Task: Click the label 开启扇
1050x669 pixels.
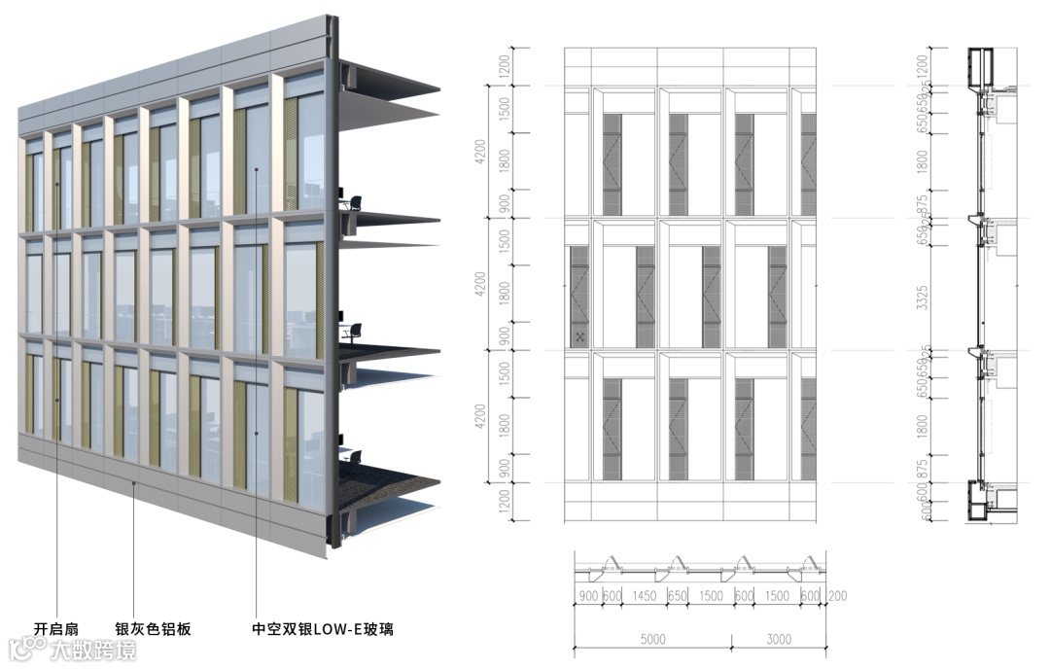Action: click(55, 629)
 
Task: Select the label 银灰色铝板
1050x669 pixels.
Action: click(154, 629)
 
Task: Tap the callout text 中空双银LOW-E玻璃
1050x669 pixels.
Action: click(322, 629)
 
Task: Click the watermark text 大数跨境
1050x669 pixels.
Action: click(93, 649)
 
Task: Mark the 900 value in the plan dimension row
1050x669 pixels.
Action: click(588, 595)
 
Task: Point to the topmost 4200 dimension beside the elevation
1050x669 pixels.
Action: click(479, 152)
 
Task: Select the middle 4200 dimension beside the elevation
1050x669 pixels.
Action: click(479, 284)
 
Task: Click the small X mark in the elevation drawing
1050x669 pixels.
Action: click(579, 336)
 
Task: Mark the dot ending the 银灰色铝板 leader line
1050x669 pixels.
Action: click(134, 481)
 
